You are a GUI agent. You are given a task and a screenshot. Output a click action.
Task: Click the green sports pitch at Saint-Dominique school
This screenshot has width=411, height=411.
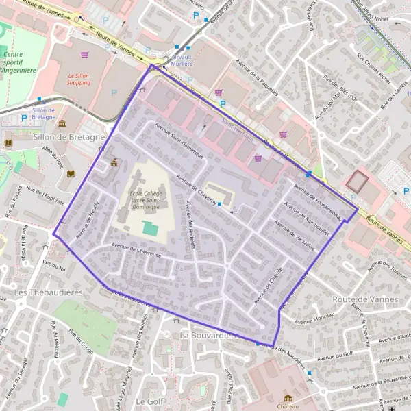tap(149, 227)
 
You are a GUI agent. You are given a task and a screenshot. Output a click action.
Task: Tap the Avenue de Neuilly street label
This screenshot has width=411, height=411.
tap(88, 220)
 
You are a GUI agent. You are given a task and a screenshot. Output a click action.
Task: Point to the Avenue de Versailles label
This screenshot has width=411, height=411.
tap(294, 235)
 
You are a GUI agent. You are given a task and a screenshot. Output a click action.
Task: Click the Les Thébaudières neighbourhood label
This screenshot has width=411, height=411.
tap(39, 293)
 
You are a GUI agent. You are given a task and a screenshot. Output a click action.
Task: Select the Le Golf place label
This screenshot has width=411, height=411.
tap(148, 400)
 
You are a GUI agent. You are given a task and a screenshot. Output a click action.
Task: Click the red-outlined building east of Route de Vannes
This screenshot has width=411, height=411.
tap(356, 182)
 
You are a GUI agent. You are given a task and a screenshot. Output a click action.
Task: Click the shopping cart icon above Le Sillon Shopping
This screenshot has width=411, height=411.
tap(84, 54)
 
